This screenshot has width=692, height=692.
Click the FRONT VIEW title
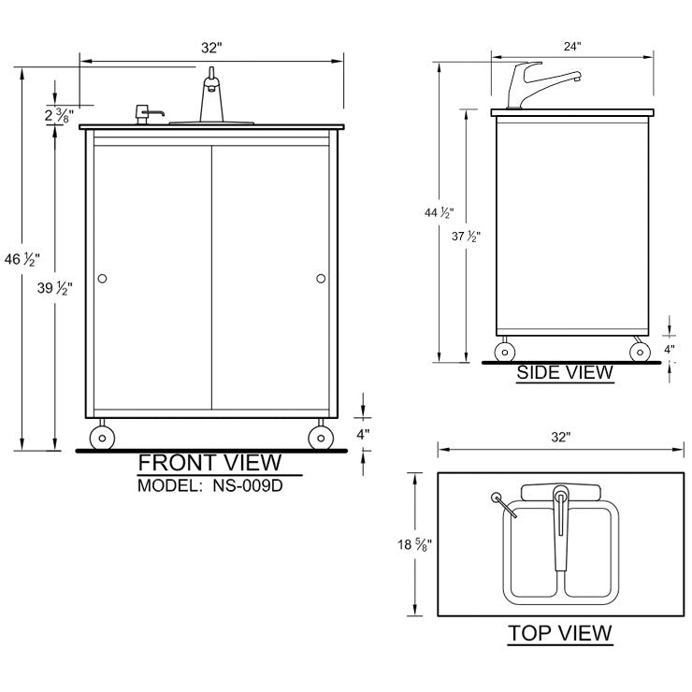pos(209,462)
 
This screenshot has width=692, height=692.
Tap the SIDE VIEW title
pos(566,372)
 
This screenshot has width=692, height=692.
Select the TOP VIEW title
pos(560,632)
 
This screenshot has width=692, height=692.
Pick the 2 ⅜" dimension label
pos(59,115)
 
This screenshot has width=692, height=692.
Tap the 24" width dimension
pos(572,45)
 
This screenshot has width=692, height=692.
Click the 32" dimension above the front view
pos(211,46)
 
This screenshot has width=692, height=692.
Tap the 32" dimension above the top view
pos(560,436)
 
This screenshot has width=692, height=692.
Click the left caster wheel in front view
pos(102,437)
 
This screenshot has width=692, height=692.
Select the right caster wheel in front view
pos(320,437)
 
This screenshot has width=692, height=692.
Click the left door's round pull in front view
pos(103,278)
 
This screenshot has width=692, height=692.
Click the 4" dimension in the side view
pos(670,349)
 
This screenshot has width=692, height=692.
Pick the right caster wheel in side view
pos(640,352)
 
